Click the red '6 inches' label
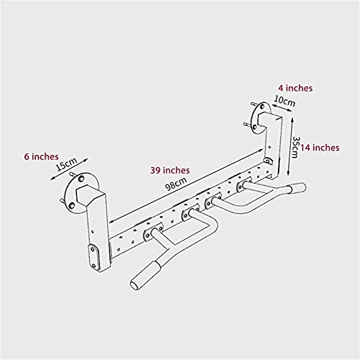41,157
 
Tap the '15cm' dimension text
67,164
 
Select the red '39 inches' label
170,170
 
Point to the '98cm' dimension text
176,184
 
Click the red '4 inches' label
295,88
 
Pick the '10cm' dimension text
284,101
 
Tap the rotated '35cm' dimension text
296,147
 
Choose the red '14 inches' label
320,148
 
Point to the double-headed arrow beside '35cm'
290,147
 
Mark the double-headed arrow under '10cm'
282,107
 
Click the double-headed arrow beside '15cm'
69,169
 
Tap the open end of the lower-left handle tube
134,285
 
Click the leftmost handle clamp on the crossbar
153,232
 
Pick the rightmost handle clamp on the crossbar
244,185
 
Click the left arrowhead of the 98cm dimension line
111,221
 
